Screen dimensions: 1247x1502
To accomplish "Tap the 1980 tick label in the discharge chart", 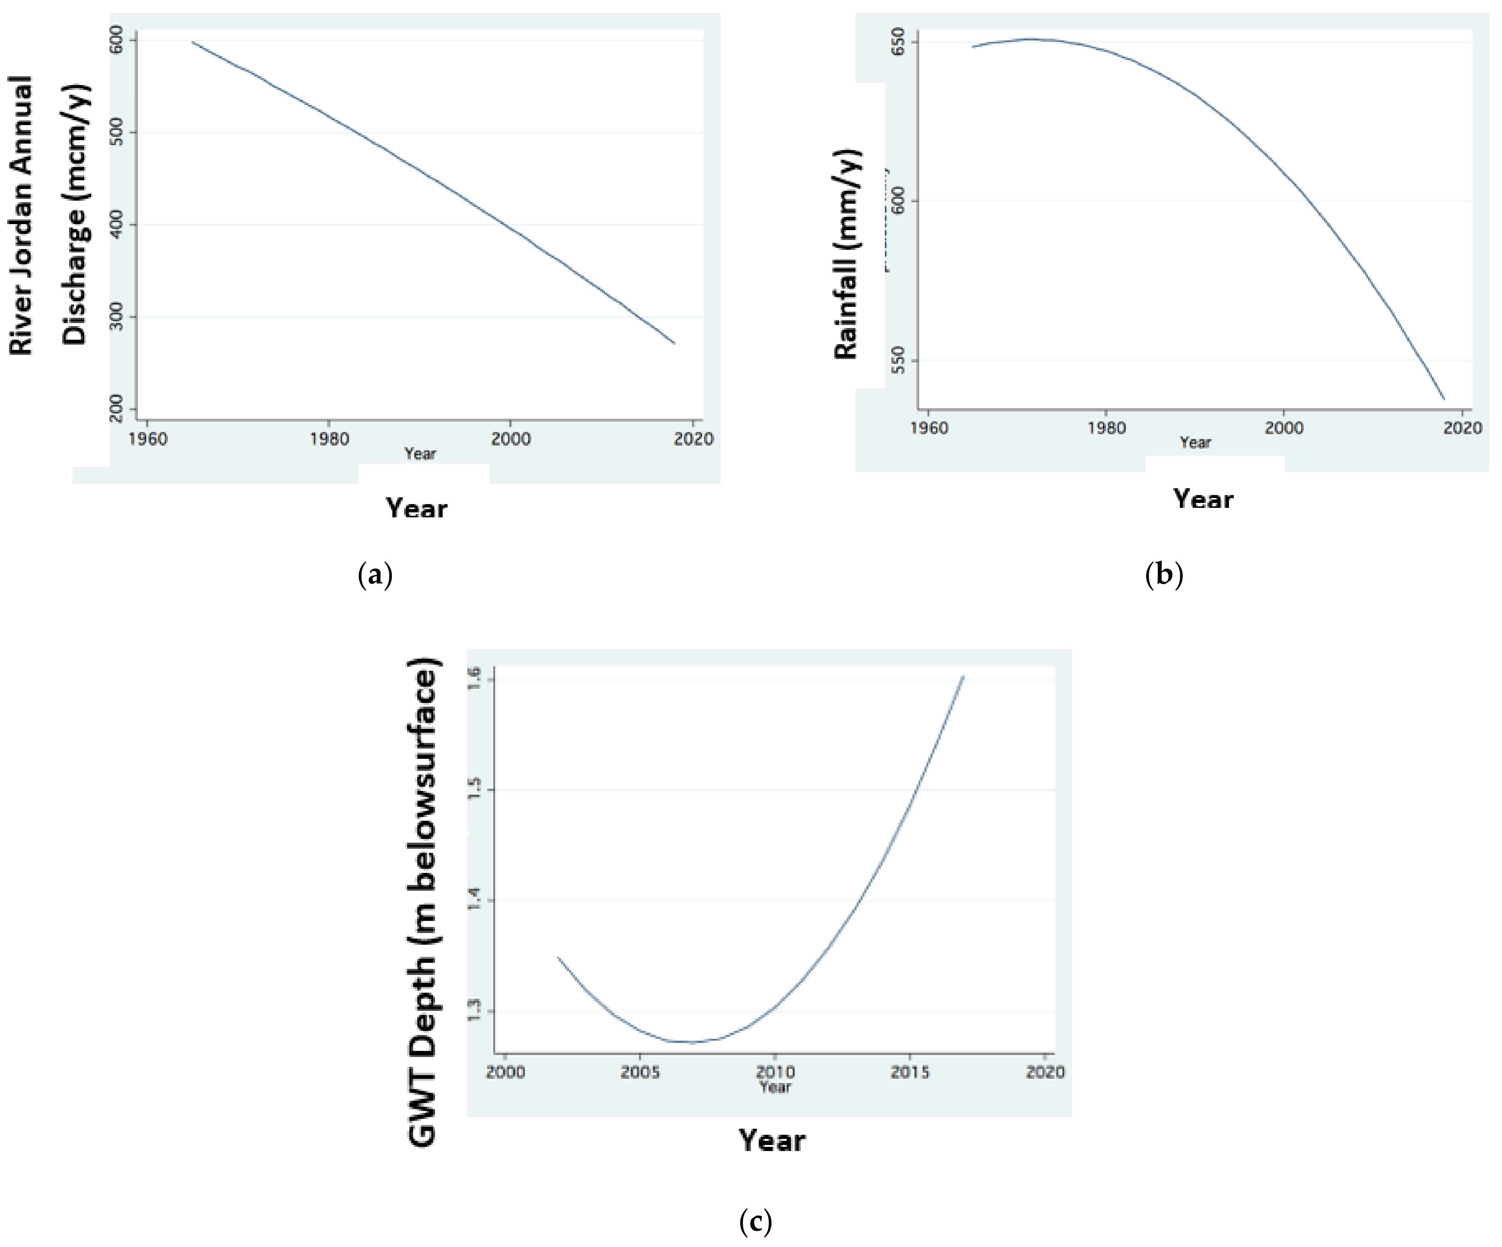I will [x=329, y=439].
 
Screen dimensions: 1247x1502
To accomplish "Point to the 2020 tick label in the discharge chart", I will [x=693, y=439].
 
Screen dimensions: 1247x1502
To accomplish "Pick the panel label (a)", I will [x=375, y=574].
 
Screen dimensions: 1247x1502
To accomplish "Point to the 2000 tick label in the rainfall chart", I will [x=1284, y=428].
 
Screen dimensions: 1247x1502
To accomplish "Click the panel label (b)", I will [x=1164, y=574].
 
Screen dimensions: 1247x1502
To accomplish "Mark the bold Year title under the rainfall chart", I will [x=1203, y=499].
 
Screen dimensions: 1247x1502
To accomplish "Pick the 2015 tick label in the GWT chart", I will [x=910, y=1072].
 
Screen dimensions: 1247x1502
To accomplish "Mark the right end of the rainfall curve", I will [x=1444, y=399].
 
